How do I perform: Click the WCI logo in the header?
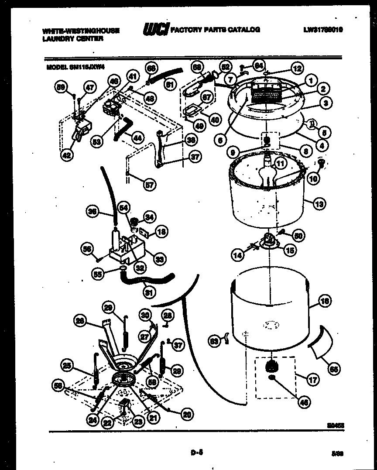coord(155,30)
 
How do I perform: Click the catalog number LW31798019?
coord(323,30)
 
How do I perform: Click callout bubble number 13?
coord(319,204)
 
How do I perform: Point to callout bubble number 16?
coord(325,301)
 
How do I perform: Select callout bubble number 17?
coord(312,380)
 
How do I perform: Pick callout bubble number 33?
coord(160,259)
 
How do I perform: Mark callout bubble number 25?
coord(67,366)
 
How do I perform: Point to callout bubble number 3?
coord(325,104)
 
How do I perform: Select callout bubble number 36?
coord(92,212)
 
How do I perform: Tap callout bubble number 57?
coord(149,185)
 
